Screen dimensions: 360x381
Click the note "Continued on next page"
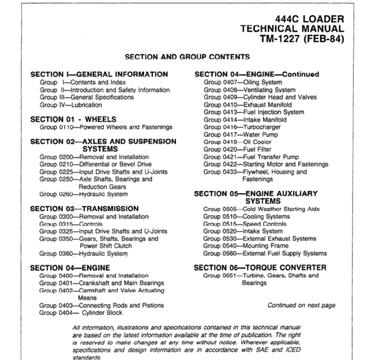point(301,305)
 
